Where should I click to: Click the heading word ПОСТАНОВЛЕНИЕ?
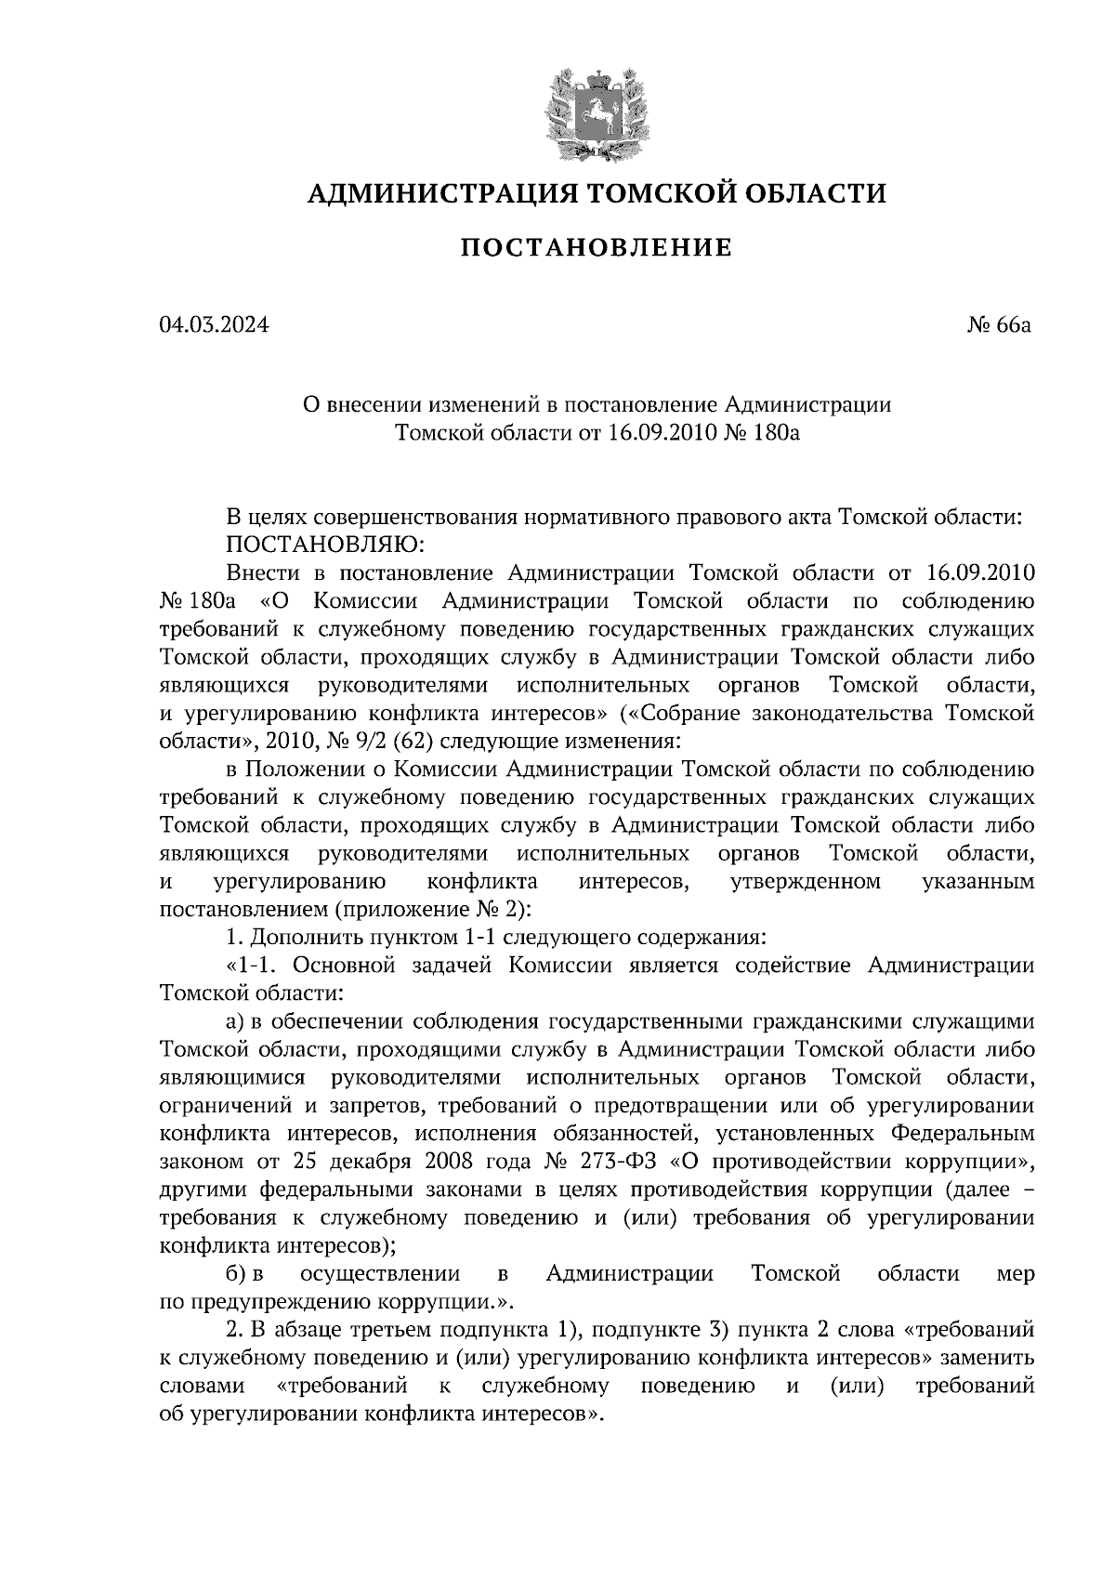click(x=597, y=248)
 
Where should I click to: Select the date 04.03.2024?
click(x=215, y=326)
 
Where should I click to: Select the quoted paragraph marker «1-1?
click(x=250, y=965)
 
